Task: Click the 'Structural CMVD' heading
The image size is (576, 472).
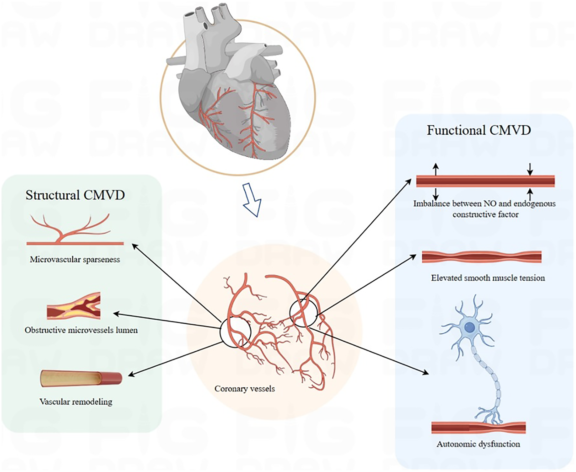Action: pyautogui.click(x=75, y=195)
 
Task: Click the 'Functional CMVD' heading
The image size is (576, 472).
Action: pyautogui.click(x=479, y=130)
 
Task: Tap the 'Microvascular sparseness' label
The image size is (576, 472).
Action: pyautogui.click(x=75, y=260)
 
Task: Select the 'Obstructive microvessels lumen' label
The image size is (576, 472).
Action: pyautogui.click(x=81, y=330)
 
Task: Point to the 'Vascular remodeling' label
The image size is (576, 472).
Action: pyautogui.click(x=76, y=402)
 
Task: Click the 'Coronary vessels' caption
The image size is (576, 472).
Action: pyautogui.click(x=245, y=389)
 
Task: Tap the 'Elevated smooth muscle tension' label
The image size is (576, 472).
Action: pyautogui.click(x=488, y=278)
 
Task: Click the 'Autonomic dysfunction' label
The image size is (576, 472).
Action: pyautogui.click(x=478, y=444)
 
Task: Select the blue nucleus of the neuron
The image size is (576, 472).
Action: pyautogui.click(x=470, y=328)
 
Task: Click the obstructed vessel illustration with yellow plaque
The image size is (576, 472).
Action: pyautogui.click(x=74, y=306)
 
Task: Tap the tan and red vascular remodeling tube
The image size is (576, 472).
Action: pyautogui.click(x=81, y=379)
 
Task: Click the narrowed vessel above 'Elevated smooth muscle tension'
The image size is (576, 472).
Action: pyautogui.click(x=481, y=257)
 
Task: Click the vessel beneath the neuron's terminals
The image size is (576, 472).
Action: pyautogui.click(x=478, y=428)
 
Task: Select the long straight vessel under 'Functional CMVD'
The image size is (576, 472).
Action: pyautogui.click(x=485, y=181)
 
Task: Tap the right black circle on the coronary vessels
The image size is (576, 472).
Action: pyautogui.click(x=303, y=313)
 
